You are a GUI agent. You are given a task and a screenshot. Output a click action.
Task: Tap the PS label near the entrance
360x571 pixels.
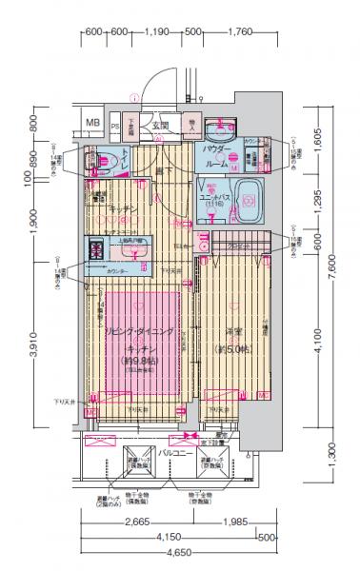(115, 125)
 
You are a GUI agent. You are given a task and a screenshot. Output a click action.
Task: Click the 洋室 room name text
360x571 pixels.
(233, 331)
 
